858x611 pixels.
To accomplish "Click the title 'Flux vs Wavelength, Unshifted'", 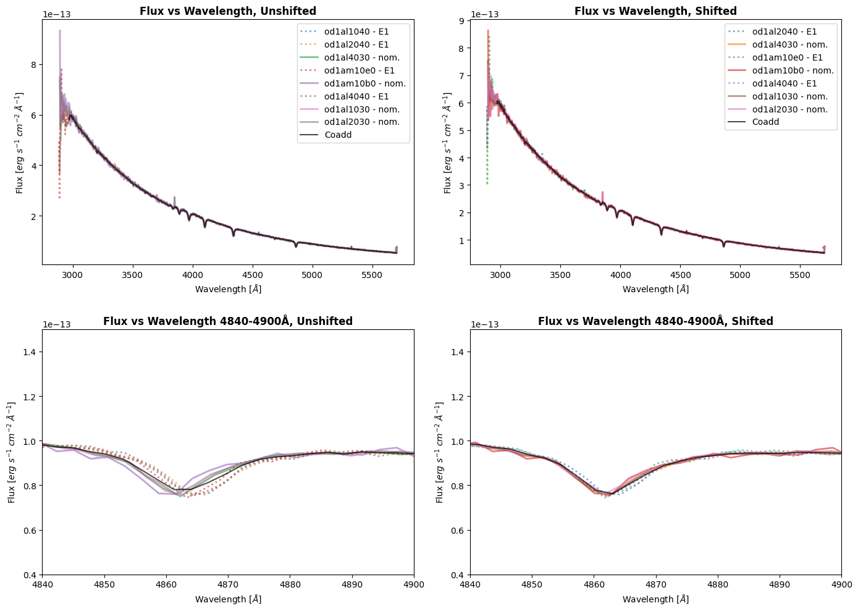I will pyautogui.click(x=228, y=11).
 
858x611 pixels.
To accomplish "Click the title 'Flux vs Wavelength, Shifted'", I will pyautogui.click(x=655, y=11).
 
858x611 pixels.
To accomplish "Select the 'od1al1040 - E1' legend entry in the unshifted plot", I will pyautogui.click(x=356, y=32).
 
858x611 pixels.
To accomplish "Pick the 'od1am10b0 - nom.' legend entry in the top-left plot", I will pyautogui.click(x=364, y=83).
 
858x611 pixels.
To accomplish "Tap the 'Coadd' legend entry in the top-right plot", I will pyautogui.click(x=765, y=122).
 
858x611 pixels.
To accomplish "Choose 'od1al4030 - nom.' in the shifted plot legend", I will pyautogui.click(x=789, y=44).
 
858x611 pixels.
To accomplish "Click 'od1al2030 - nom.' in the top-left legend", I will pyautogui.click(x=361, y=122).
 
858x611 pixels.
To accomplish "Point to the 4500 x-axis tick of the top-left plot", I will pyautogui.click(x=252, y=275).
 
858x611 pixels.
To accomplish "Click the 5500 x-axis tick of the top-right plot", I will pyautogui.click(x=799, y=275).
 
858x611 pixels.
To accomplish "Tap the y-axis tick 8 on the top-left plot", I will pyautogui.click(x=34, y=65).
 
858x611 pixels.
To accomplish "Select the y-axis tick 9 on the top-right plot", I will pyautogui.click(x=461, y=21).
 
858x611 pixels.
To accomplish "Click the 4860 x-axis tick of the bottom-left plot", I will pyautogui.click(x=166, y=585).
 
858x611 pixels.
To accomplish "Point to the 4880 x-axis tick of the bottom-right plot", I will pyautogui.click(x=717, y=585).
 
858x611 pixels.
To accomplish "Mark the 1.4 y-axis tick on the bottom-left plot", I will pyautogui.click(x=30, y=352).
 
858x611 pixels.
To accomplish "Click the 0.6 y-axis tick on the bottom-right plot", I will pyautogui.click(x=458, y=530).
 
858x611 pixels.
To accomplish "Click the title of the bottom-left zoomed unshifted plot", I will pyautogui.click(x=228, y=321).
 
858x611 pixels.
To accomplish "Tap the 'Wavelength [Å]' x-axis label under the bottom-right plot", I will pyautogui.click(x=655, y=599).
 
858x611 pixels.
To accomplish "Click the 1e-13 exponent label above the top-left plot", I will pyautogui.click(x=56, y=14).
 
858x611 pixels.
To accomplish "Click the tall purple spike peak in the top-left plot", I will pyautogui.click(x=60, y=31).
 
